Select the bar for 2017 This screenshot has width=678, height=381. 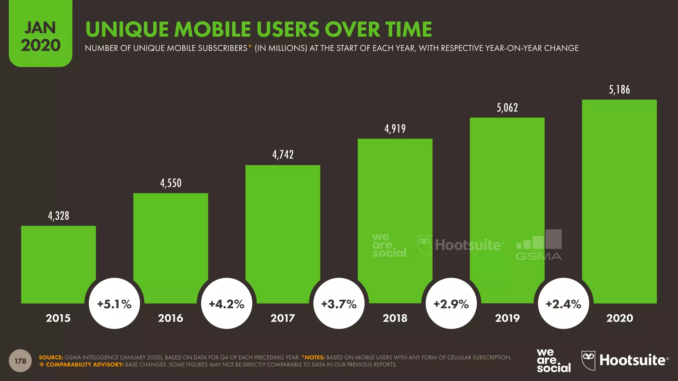(x=283, y=232)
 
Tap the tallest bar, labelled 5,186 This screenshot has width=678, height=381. (x=619, y=198)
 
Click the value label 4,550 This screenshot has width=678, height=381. (x=171, y=183)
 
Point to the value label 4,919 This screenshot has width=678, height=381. (x=395, y=129)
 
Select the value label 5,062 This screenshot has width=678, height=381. (x=507, y=108)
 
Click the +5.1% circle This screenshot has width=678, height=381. (x=115, y=304)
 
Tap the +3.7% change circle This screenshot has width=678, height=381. (x=339, y=304)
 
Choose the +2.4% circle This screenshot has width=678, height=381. (x=563, y=304)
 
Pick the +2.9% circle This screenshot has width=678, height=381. (x=451, y=304)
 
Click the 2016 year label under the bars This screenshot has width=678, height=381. (x=170, y=318)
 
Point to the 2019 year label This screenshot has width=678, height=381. (x=507, y=318)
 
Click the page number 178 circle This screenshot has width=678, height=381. (x=20, y=361)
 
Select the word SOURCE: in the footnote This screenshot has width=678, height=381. (x=51, y=358)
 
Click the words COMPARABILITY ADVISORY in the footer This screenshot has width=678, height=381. (x=85, y=364)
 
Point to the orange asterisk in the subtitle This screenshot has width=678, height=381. (x=250, y=46)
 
